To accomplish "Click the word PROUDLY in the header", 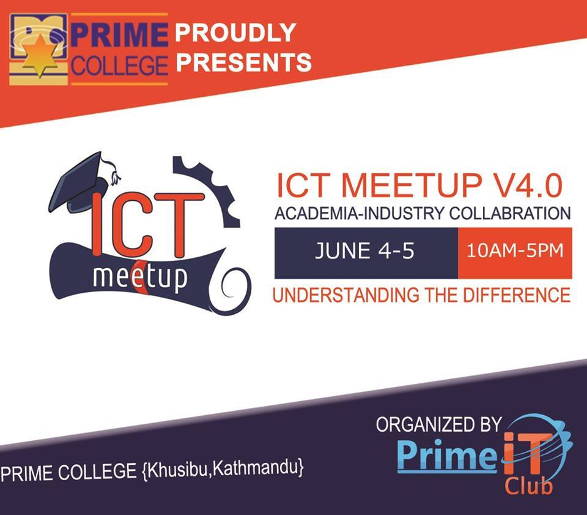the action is pyautogui.click(x=235, y=32).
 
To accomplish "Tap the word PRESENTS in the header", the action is pyautogui.click(x=244, y=62).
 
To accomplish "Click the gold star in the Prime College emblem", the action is pyautogui.click(x=40, y=55).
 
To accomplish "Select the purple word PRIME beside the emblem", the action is pyautogui.click(x=119, y=35).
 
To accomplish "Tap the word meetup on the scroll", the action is pyautogui.click(x=139, y=277).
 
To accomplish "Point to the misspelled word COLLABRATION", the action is pyautogui.click(x=510, y=214).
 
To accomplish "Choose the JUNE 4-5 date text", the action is pyautogui.click(x=365, y=250).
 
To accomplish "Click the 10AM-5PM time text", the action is pyautogui.click(x=515, y=250).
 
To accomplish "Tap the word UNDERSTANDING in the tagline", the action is pyautogui.click(x=346, y=295).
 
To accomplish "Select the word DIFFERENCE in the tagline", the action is pyautogui.click(x=517, y=295).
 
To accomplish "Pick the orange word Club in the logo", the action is pyautogui.click(x=528, y=486).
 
